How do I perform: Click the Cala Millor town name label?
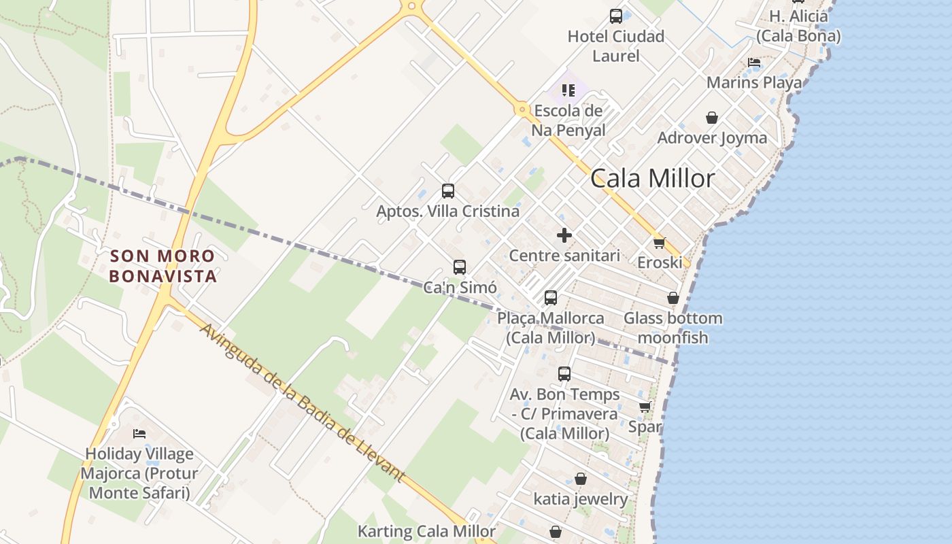[x=652, y=178]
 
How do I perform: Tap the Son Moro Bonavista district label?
[x=163, y=266]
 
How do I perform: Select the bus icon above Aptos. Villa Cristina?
[x=447, y=191]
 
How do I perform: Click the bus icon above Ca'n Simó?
[x=460, y=267]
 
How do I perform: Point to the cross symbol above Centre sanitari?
[x=564, y=235]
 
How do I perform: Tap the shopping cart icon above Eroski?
[x=658, y=242]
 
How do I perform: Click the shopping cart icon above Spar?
[x=645, y=407]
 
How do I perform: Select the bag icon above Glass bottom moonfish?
[x=673, y=298]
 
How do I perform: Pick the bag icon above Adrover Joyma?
[x=711, y=118]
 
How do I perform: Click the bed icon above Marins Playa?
[x=753, y=63]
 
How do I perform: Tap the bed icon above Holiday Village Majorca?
[x=139, y=433]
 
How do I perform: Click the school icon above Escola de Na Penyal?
[x=568, y=90]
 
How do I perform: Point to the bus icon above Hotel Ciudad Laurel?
[x=615, y=16]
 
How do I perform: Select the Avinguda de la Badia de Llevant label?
[x=303, y=403]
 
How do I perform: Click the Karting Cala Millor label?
[x=426, y=531]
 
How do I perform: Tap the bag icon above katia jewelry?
[x=580, y=479]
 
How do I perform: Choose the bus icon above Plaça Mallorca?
[x=550, y=298]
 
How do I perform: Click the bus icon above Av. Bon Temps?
[x=564, y=374]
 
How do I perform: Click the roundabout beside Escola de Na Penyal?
[x=522, y=109]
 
